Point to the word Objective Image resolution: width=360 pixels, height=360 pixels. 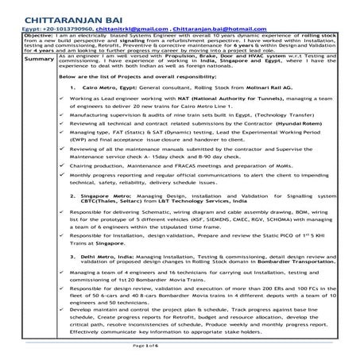39,37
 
